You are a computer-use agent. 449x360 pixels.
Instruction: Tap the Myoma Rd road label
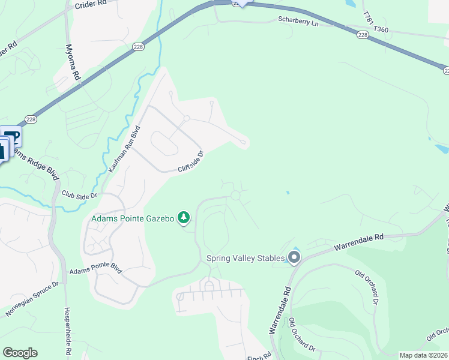tap(73, 61)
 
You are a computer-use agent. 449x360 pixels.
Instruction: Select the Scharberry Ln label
tap(297, 19)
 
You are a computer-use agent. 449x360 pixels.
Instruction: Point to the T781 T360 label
tap(376, 22)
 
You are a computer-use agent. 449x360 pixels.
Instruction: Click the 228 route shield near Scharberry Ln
tap(362, 35)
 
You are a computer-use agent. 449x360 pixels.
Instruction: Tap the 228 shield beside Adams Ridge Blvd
tap(32, 119)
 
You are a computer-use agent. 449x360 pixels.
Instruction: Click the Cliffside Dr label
tap(191, 161)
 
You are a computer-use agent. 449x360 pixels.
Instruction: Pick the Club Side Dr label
tap(79, 194)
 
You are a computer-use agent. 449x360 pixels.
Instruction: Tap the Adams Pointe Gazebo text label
tap(132, 218)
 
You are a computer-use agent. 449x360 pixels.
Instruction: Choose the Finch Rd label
tap(256, 356)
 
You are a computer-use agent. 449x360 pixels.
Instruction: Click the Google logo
tap(20, 352)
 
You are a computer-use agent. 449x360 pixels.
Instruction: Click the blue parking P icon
tap(13, 136)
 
